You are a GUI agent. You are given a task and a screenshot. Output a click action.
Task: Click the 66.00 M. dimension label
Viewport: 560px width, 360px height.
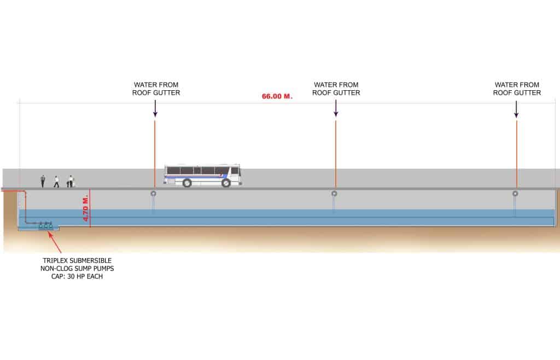coord(277,96)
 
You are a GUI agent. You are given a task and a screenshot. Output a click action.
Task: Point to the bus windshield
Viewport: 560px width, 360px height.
coord(237,171)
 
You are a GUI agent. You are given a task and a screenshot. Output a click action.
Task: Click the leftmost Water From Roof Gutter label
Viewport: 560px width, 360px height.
coord(156,89)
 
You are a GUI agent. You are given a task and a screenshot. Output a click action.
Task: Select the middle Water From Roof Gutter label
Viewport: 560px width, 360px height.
coord(336,89)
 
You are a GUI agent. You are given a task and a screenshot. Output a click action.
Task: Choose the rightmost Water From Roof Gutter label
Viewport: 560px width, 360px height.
coord(517,89)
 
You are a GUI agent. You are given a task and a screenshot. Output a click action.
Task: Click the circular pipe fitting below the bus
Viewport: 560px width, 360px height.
coord(154,194)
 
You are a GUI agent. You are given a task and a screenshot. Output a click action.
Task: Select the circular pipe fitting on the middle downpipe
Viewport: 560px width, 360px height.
coord(334,194)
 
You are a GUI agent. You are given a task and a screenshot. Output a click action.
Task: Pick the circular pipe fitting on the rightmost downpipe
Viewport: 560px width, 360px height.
coord(515,194)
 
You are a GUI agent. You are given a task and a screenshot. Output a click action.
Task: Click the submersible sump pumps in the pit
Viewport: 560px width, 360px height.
coord(45,224)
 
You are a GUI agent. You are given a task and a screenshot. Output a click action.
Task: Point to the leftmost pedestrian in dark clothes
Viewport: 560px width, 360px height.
coord(43,181)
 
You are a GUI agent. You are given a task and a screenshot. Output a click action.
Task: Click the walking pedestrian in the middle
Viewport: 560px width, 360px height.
coord(56,181)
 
